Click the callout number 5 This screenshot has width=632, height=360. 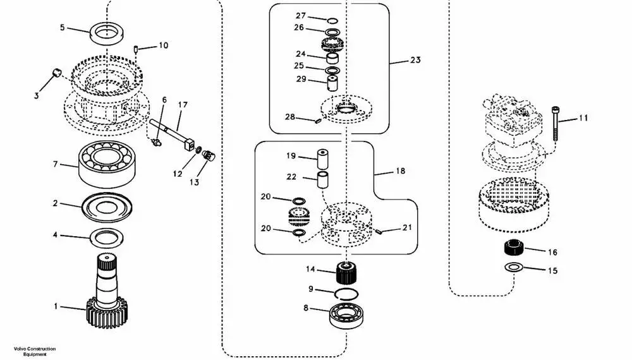(62, 27)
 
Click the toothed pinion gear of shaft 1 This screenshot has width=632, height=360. (109, 313)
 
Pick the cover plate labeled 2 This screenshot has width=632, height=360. (106, 207)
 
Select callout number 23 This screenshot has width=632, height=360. (415, 60)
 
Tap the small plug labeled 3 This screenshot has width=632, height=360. (57, 73)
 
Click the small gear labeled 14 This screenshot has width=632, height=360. (346, 273)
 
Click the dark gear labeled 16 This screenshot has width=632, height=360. (514, 247)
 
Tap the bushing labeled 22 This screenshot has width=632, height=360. (322, 179)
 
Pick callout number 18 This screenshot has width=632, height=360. (400, 171)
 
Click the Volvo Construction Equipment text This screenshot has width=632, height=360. (35, 352)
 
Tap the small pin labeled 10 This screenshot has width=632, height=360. (136, 49)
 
